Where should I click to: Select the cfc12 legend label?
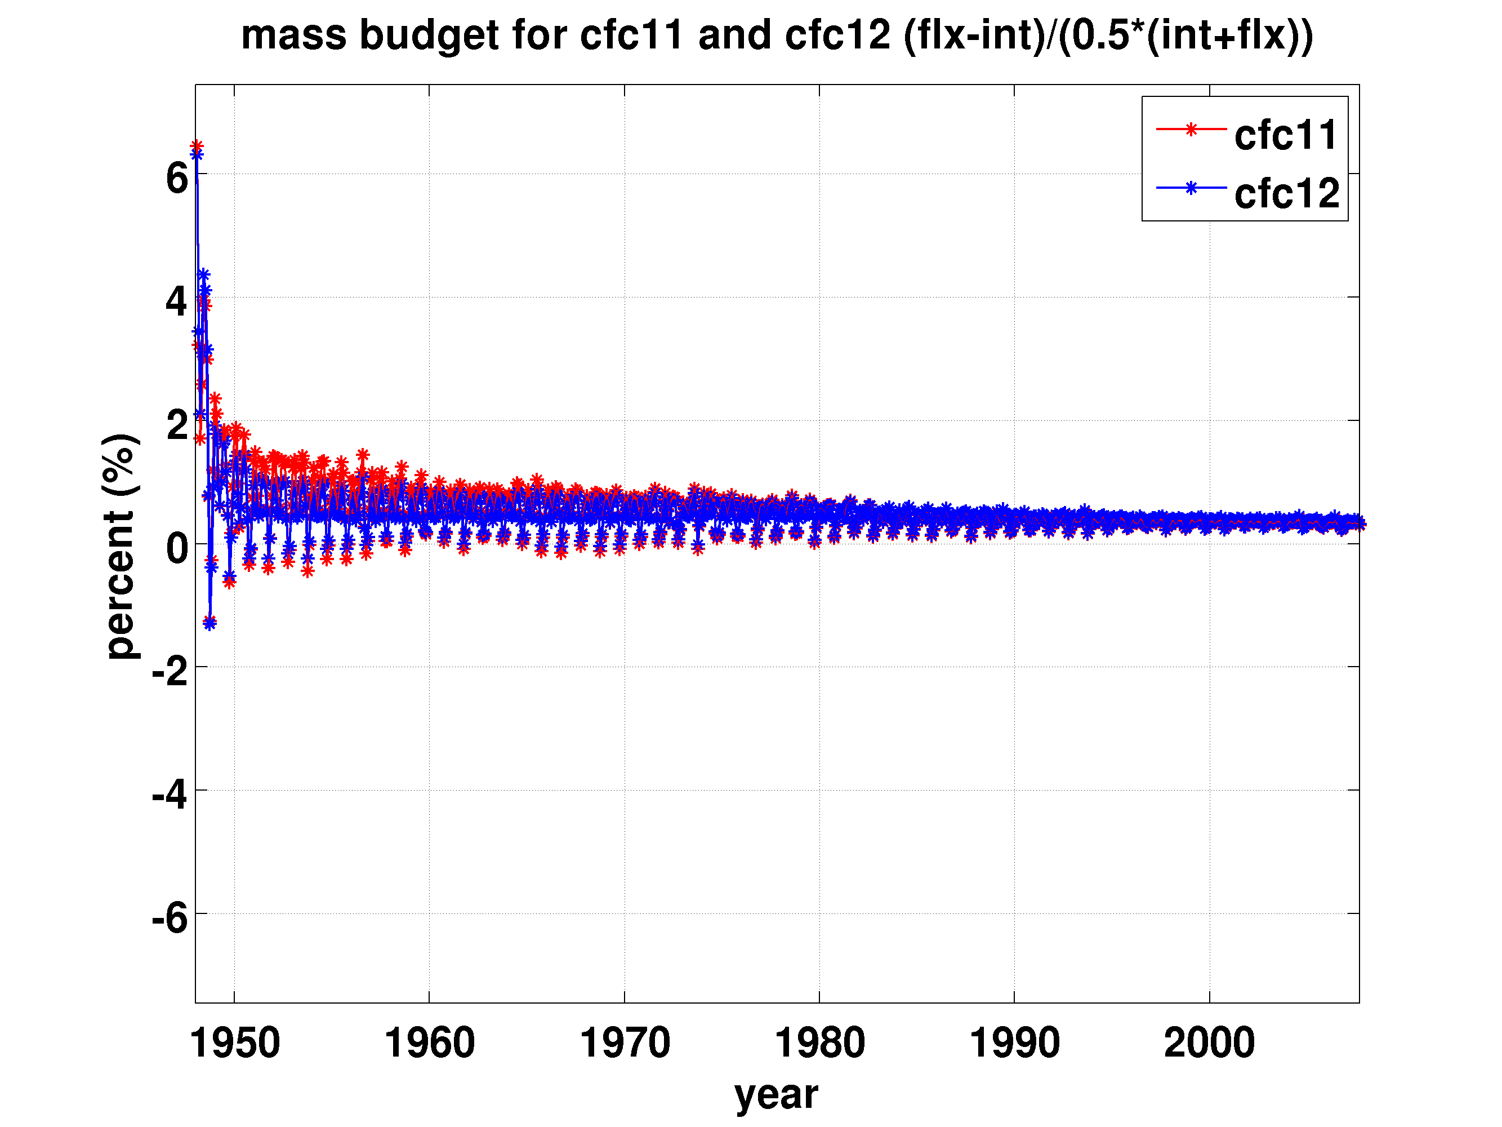1287,194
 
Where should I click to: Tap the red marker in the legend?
1191,129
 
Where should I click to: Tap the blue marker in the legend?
1191,188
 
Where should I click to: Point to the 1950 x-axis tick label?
234,1044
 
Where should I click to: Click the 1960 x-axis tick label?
429,1044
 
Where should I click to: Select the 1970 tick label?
625,1044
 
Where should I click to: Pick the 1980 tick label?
819,1044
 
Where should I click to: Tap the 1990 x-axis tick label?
1014,1044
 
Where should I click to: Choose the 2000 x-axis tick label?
1209,1044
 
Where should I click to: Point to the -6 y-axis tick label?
170,919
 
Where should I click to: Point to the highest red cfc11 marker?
196,146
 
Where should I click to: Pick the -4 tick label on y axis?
170,796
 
